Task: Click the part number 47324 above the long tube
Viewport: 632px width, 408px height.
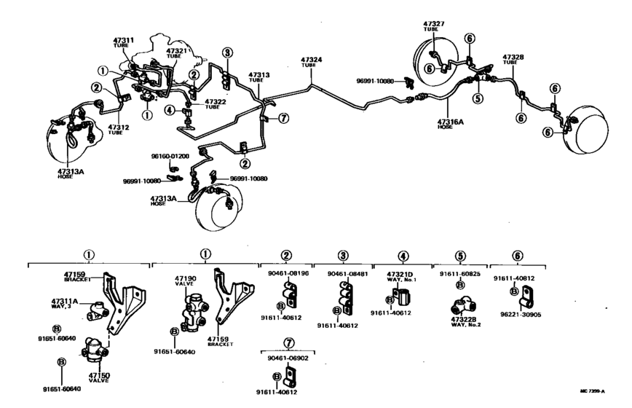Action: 312,60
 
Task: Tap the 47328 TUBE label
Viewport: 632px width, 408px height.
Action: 513,58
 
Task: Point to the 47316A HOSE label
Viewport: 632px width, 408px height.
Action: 451,125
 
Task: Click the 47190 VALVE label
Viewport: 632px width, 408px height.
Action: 186,282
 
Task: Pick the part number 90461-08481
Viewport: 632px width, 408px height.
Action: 342,275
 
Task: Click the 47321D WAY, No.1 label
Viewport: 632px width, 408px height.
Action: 403,277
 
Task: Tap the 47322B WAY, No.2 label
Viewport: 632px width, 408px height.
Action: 464,321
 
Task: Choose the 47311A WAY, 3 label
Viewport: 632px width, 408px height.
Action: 64,303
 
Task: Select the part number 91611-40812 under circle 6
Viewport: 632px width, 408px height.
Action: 514,278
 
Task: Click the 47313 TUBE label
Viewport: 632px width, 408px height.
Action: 258,76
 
